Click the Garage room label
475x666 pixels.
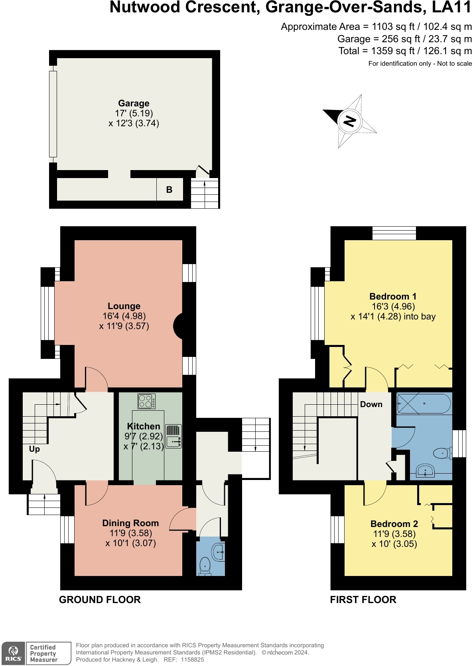pyautogui.click(x=134, y=103)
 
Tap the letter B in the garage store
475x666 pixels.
pyautogui.click(x=169, y=190)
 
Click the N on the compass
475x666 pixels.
pyautogui.click(x=350, y=121)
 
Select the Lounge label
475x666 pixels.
pyautogui.click(x=124, y=306)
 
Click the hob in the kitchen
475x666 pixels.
pyautogui.click(x=146, y=401)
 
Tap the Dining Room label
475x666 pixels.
pyautogui.click(x=130, y=523)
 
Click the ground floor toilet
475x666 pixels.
pyautogui.click(x=205, y=566)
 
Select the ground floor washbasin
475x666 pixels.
pyautogui.click(x=218, y=552)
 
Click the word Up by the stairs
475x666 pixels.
pyautogui.click(x=34, y=449)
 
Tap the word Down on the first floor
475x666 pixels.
pyautogui.click(x=371, y=404)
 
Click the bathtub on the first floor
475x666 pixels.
pyautogui.click(x=424, y=404)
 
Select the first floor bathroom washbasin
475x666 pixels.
pyautogui.click(x=426, y=470)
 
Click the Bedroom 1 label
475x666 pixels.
pyautogui.click(x=393, y=296)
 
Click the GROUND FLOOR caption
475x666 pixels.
pyautogui.click(x=100, y=600)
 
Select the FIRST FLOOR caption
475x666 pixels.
pyautogui.click(x=363, y=600)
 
